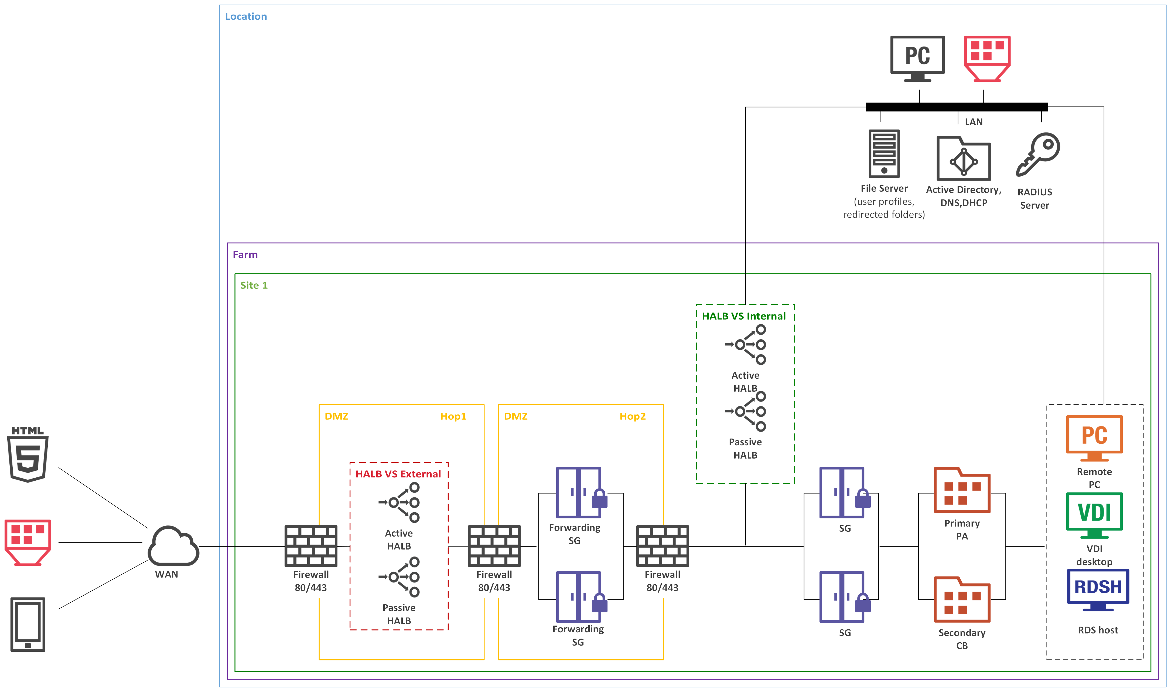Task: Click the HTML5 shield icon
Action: [x=28, y=455]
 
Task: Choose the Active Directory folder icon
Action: [x=963, y=158]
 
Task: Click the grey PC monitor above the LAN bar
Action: [x=917, y=58]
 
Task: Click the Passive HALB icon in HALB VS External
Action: [x=399, y=577]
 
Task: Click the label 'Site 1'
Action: [x=254, y=285]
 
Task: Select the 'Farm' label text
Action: [x=245, y=255]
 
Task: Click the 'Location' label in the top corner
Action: [x=246, y=16]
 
